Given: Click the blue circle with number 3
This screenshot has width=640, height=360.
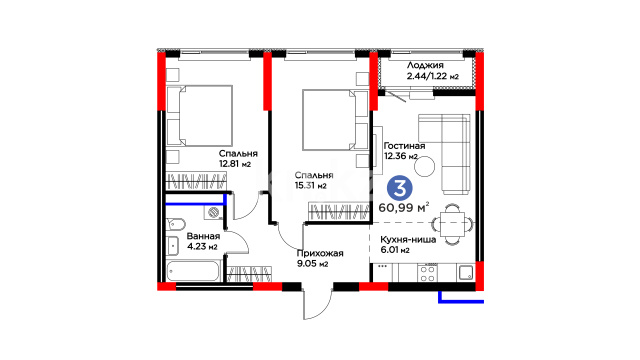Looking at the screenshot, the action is tap(400, 188).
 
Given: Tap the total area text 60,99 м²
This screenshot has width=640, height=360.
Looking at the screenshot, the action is tap(404, 207).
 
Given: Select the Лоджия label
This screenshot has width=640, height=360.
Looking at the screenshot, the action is tap(425, 65).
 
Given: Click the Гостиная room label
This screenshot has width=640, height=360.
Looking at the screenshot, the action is tap(404, 146).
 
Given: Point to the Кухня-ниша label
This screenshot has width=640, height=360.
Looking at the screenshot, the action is tap(408, 240).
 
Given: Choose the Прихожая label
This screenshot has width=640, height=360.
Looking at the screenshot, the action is tap(320, 253).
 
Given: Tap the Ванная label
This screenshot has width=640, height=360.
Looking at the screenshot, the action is tap(203, 236).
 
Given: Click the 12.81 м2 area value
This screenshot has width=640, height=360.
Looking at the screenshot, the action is tap(235, 164).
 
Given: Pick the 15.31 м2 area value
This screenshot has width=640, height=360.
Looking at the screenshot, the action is tap(311, 186).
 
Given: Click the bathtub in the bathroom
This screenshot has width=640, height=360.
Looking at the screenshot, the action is tap(193, 271).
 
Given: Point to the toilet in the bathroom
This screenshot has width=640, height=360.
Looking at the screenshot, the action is tap(176, 224).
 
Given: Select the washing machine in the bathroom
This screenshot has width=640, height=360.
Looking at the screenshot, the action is tap(213, 212).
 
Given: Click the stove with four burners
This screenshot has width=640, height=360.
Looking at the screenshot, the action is tap(428, 273).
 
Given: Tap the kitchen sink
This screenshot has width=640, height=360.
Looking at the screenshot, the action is tap(466, 272).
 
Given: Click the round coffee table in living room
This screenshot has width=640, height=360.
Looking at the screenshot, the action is tap(424, 166).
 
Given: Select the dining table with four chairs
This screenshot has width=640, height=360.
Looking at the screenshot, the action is tap(453, 224).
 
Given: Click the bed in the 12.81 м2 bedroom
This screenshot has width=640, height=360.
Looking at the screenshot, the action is tap(200, 116).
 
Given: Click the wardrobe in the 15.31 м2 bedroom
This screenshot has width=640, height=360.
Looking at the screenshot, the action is tap(338, 211).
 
